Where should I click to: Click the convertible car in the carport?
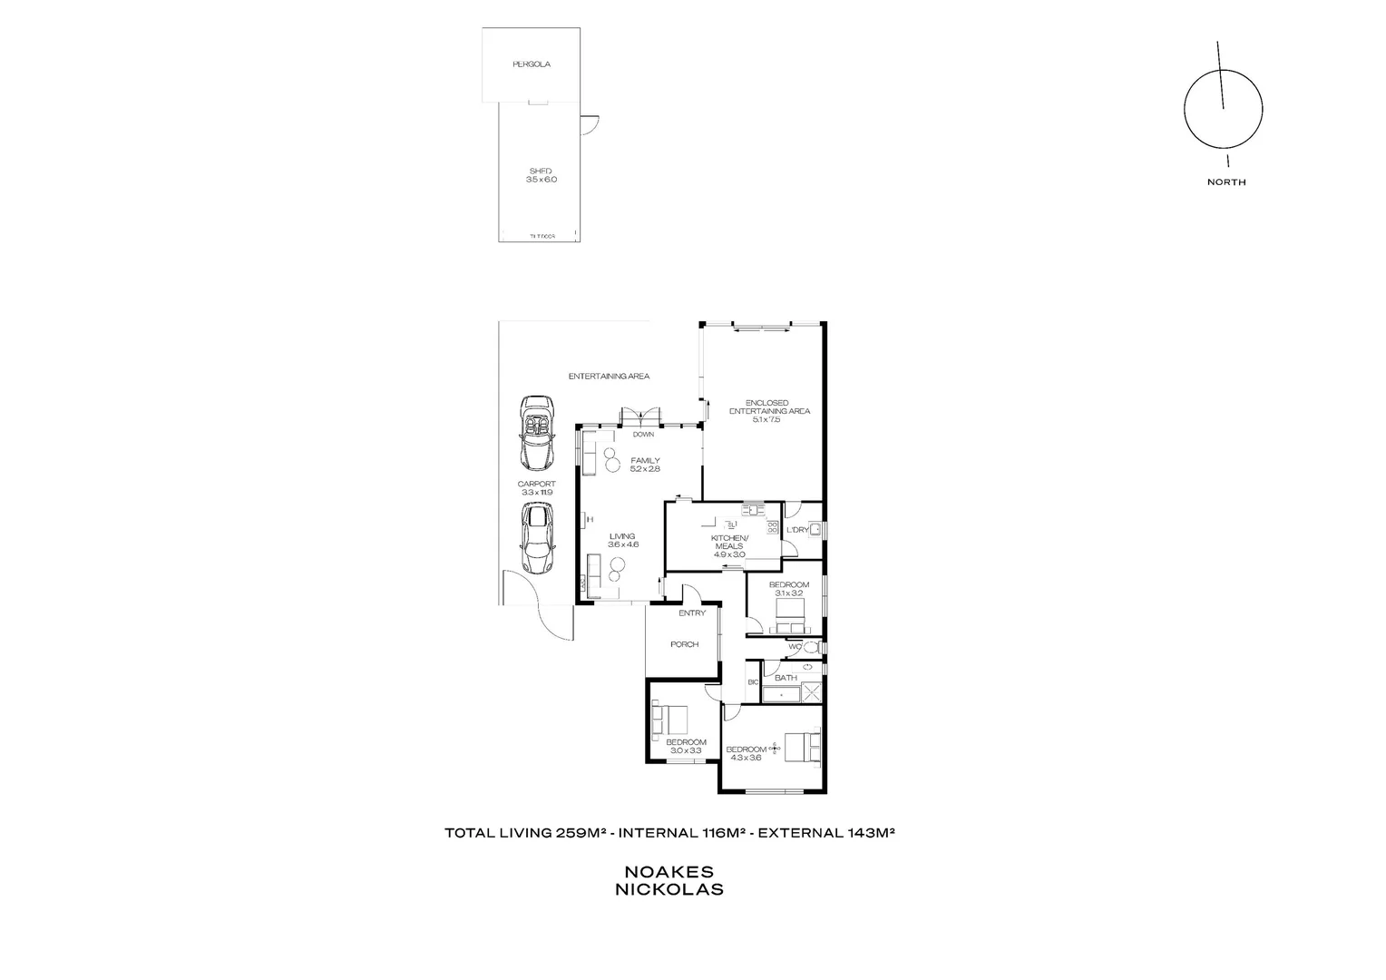(x=535, y=430)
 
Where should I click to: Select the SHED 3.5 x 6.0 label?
(x=541, y=175)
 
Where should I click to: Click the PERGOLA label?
(x=532, y=64)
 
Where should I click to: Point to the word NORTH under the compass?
(x=1226, y=182)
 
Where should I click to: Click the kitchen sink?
(x=752, y=509)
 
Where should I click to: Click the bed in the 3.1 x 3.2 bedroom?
(x=790, y=626)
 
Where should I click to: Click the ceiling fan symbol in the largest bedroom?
(x=774, y=748)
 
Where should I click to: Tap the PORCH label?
(x=684, y=645)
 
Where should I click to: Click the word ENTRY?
(x=692, y=613)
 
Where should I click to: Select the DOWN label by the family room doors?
(x=643, y=435)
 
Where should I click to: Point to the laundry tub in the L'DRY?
(x=815, y=529)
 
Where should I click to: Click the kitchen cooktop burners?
(x=773, y=529)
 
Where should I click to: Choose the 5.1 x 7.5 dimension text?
(x=766, y=420)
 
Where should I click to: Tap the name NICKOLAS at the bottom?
(x=669, y=890)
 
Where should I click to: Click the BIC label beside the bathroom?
(x=752, y=682)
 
